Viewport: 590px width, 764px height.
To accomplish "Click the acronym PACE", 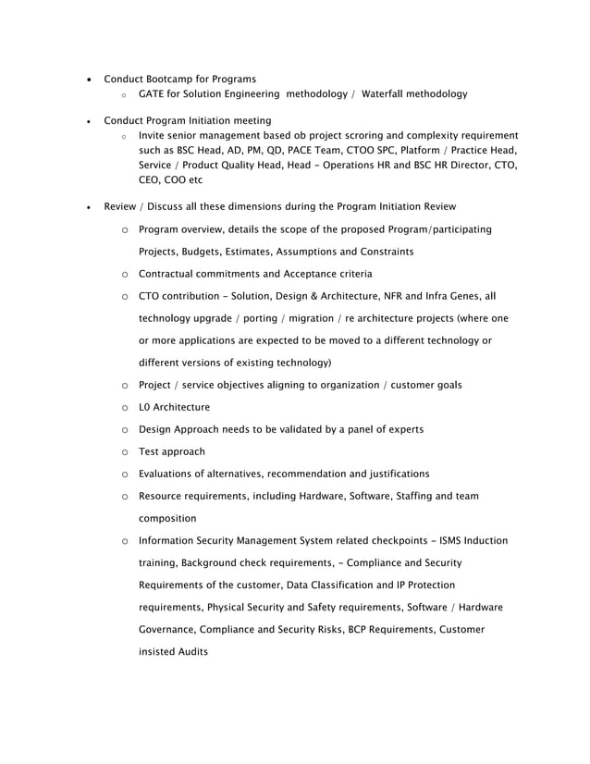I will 312,150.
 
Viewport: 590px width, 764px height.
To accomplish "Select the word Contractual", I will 170,274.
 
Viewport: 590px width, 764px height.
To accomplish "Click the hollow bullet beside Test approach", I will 123,452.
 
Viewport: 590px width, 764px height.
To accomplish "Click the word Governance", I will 171,630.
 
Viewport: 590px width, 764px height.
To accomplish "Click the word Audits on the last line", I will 191,652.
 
